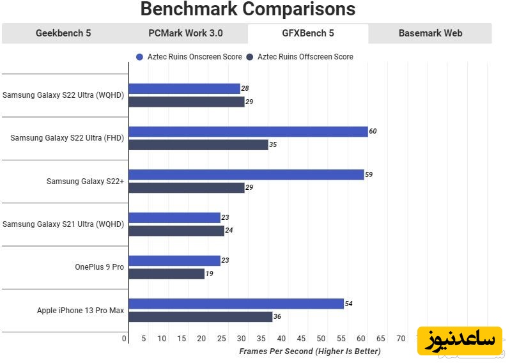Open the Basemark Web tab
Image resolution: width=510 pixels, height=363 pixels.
click(429, 34)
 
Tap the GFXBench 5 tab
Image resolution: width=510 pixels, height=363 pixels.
click(308, 34)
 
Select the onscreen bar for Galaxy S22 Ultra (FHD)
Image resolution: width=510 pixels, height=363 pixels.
click(248, 132)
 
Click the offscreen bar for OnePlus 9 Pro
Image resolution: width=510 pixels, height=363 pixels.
click(167, 274)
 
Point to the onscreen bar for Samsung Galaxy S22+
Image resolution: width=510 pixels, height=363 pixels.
click(246, 174)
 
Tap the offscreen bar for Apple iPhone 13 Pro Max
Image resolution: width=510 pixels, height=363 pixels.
click(201, 316)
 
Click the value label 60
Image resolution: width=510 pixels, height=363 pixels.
click(373, 132)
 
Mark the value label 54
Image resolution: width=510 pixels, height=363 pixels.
click(349, 304)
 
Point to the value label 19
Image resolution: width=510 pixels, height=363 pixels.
click(210, 274)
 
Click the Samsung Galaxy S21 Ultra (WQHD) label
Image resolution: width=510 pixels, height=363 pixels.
click(63, 224)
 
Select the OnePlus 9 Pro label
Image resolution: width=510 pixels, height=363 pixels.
click(99, 267)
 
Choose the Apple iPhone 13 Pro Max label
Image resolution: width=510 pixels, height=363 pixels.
click(81, 310)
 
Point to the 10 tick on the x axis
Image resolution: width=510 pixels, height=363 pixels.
click(162, 338)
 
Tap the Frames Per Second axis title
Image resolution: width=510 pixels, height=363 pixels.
click(309, 351)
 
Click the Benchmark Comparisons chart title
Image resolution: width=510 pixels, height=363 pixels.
click(247, 10)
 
